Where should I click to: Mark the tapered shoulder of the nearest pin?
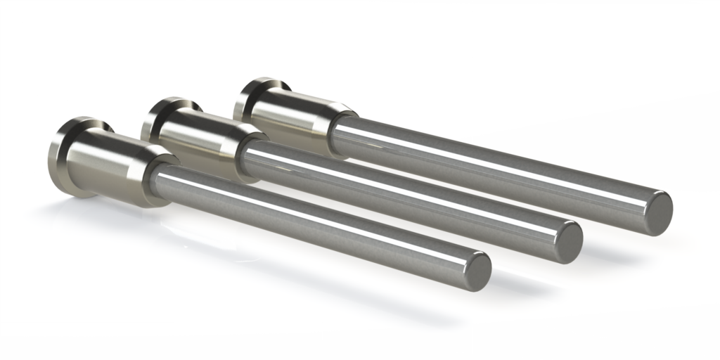[x=156, y=176]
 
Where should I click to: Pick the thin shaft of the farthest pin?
[x=492, y=166]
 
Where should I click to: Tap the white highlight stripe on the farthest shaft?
[x=492, y=155]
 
